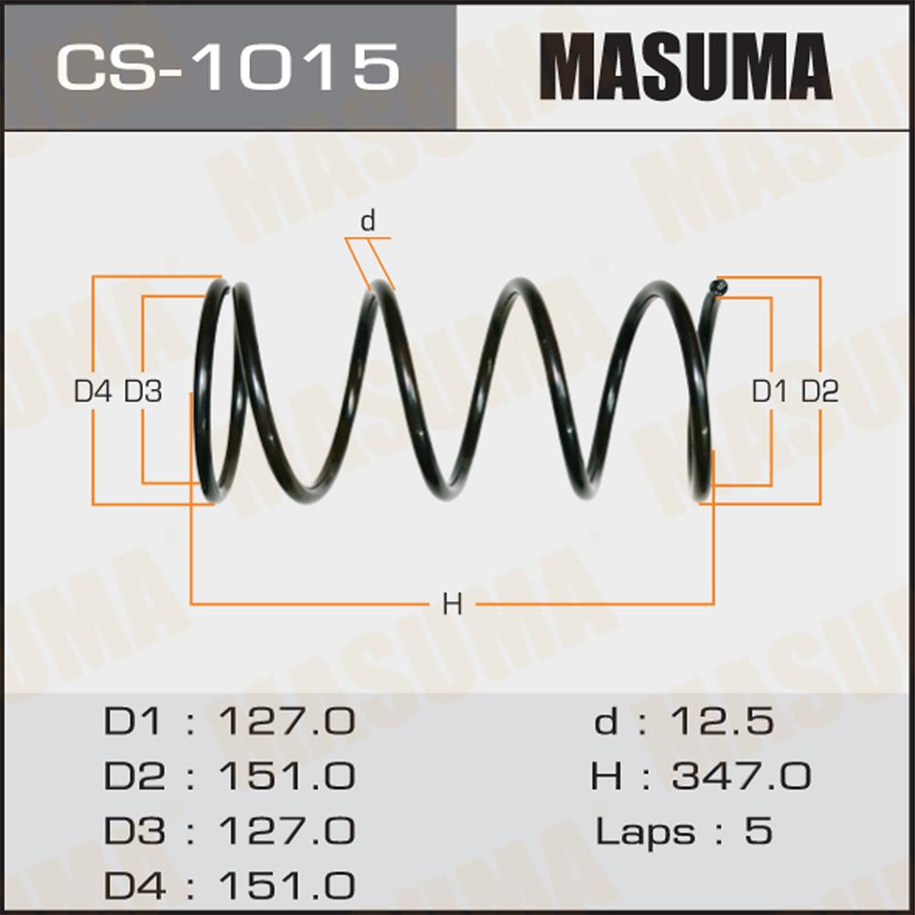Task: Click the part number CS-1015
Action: tap(228, 67)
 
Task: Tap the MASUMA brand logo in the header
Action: tap(685, 66)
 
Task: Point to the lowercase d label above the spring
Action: tap(368, 221)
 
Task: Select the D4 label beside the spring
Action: tap(92, 393)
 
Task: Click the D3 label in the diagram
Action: tap(143, 393)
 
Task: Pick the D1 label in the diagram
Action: tap(770, 393)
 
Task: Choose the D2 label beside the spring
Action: tap(820, 393)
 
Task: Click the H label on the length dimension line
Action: tap(451, 604)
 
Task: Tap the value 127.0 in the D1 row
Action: tap(285, 723)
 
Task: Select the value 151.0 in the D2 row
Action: tap(285, 777)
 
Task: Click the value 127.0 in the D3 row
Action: tap(285, 832)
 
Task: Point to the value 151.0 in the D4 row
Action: tap(285, 886)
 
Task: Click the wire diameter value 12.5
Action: tap(722, 723)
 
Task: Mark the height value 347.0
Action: tap(741, 777)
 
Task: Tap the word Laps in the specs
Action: tap(643, 833)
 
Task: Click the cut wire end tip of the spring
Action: tap(720, 287)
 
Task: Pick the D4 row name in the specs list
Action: tap(135, 886)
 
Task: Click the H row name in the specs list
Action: tap(607, 777)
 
